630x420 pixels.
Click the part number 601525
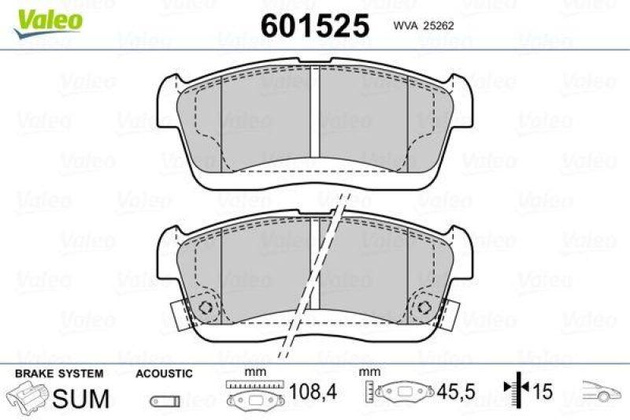pos(314,26)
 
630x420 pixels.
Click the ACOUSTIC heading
pos(164,373)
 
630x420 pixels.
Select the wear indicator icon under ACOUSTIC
pos(163,400)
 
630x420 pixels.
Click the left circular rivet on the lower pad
pos(207,308)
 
